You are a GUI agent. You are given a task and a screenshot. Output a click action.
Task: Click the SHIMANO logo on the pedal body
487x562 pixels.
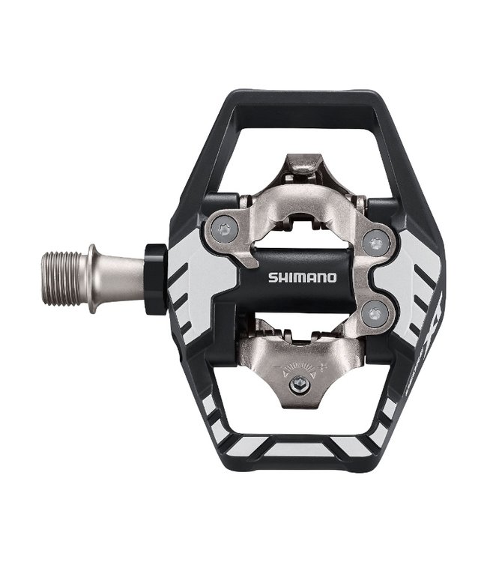pos(303,277)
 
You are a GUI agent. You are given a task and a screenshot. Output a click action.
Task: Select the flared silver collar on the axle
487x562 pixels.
pos(93,278)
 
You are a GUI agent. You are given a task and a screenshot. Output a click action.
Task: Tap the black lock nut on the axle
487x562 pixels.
pos(155,278)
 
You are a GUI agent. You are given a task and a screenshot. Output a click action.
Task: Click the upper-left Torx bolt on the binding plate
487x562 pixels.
pos(223,229)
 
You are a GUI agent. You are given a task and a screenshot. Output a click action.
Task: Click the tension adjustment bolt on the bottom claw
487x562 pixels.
pos(299,385)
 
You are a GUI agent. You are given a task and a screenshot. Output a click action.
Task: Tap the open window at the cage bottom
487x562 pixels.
pos(300,427)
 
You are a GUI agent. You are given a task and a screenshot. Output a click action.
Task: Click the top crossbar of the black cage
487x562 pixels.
pos(300,99)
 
